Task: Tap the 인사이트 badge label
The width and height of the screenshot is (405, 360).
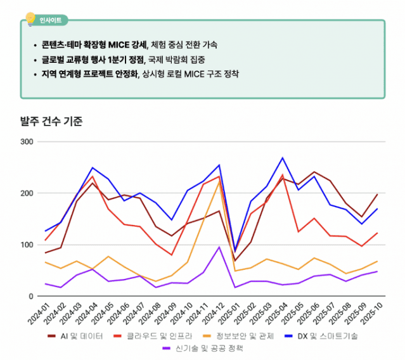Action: pyautogui.click(x=50, y=20)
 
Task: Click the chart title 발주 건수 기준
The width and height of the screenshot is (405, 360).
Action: pyautogui.click(x=51, y=121)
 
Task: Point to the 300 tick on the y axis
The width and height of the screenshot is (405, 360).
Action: pyautogui.click(x=27, y=141)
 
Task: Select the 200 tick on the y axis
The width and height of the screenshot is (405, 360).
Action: pyautogui.click(x=27, y=193)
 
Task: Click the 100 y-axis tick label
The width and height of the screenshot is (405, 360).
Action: pyautogui.click(x=27, y=245)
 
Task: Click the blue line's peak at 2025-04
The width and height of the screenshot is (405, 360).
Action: pyautogui.click(x=283, y=158)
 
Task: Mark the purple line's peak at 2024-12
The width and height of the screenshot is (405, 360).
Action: pyautogui.click(x=219, y=247)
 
